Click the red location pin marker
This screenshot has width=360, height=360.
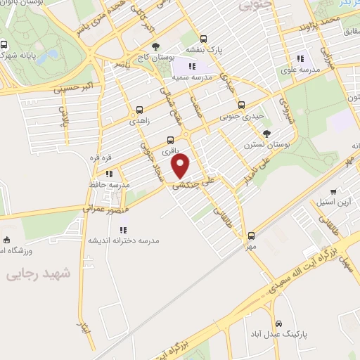(x=181, y=167)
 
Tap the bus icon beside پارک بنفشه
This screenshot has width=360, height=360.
(x=204, y=39)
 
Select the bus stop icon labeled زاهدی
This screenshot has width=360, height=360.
(x=139, y=110)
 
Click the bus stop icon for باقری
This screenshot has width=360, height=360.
(x=170, y=140)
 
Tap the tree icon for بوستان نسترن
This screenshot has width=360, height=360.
(x=266, y=133)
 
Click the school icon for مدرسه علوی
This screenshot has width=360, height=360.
(x=301, y=59)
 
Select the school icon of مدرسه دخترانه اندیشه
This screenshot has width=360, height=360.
(x=123, y=229)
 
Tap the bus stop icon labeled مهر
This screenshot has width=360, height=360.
(x=252, y=236)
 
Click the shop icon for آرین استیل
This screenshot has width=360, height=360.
(x=333, y=191)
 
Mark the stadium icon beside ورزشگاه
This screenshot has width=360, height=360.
(x=7, y=240)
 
